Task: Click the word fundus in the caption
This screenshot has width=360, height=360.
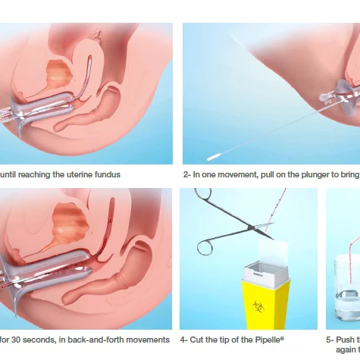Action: click(105, 174)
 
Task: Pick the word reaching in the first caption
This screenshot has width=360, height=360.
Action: click(35, 174)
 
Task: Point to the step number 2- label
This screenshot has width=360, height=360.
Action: click(186, 174)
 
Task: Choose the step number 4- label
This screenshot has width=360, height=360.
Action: click(184, 340)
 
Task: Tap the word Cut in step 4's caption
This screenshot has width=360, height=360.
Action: click(199, 340)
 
